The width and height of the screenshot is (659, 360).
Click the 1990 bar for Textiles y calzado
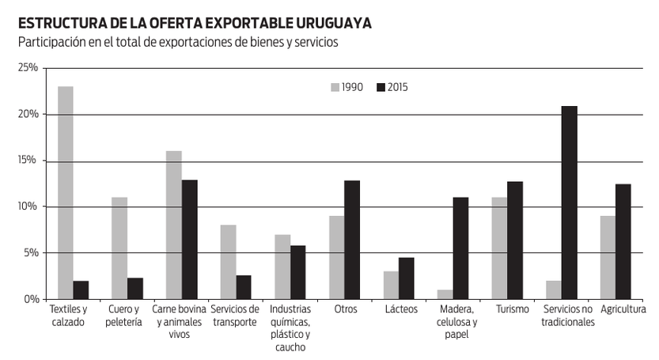[66, 192]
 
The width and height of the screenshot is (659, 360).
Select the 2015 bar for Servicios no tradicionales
[570, 203]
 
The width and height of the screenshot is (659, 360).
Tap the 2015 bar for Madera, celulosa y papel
[460, 248]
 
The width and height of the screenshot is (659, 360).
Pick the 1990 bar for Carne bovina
[174, 225]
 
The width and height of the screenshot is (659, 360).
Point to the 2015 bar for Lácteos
[407, 279]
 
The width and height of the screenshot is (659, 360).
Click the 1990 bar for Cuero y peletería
[119, 248]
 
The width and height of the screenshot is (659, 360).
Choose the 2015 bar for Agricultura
[623, 241]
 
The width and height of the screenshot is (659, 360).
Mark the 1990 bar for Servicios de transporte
[228, 262]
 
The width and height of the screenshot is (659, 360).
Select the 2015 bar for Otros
[352, 240]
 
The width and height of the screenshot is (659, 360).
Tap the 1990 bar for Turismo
[499, 248]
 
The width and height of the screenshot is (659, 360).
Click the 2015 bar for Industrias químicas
[298, 272]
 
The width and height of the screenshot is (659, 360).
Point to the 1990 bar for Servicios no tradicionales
[554, 290]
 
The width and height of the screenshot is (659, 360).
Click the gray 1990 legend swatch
[335, 88]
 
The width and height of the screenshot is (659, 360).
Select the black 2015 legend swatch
[381, 88]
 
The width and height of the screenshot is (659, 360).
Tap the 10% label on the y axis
[28, 207]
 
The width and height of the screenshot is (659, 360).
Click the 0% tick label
[31, 299]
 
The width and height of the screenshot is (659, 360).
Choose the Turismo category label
[513, 309]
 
